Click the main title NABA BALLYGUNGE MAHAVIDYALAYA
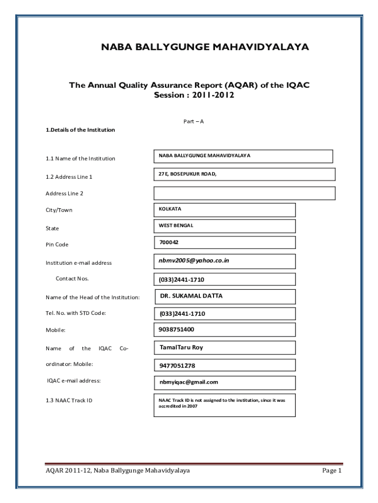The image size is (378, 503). pyautogui.click(x=205, y=47)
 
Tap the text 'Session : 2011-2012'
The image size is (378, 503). pyautogui.click(x=194, y=95)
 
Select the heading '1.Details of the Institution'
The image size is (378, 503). pyautogui.click(x=80, y=130)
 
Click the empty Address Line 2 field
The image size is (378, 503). pyautogui.click(x=244, y=193)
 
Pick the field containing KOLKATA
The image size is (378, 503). pyautogui.click(x=224, y=209)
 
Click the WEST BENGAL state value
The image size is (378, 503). pyautogui.click(x=224, y=226)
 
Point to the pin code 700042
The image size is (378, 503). pyautogui.click(x=168, y=242)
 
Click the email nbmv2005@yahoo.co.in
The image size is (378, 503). pyautogui.click(x=194, y=261)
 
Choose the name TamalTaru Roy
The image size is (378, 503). pyautogui.click(x=181, y=347)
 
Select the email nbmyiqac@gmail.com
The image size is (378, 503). pyautogui.click(x=188, y=382)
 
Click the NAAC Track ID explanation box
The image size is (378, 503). pyautogui.click(x=224, y=404)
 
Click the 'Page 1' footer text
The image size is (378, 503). pyautogui.click(x=331, y=471)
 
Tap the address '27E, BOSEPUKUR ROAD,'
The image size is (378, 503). pyautogui.click(x=187, y=173)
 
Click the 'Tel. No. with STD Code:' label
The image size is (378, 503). pyautogui.click(x=76, y=313)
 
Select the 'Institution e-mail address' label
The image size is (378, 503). pyautogui.click(x=79, y=263)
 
